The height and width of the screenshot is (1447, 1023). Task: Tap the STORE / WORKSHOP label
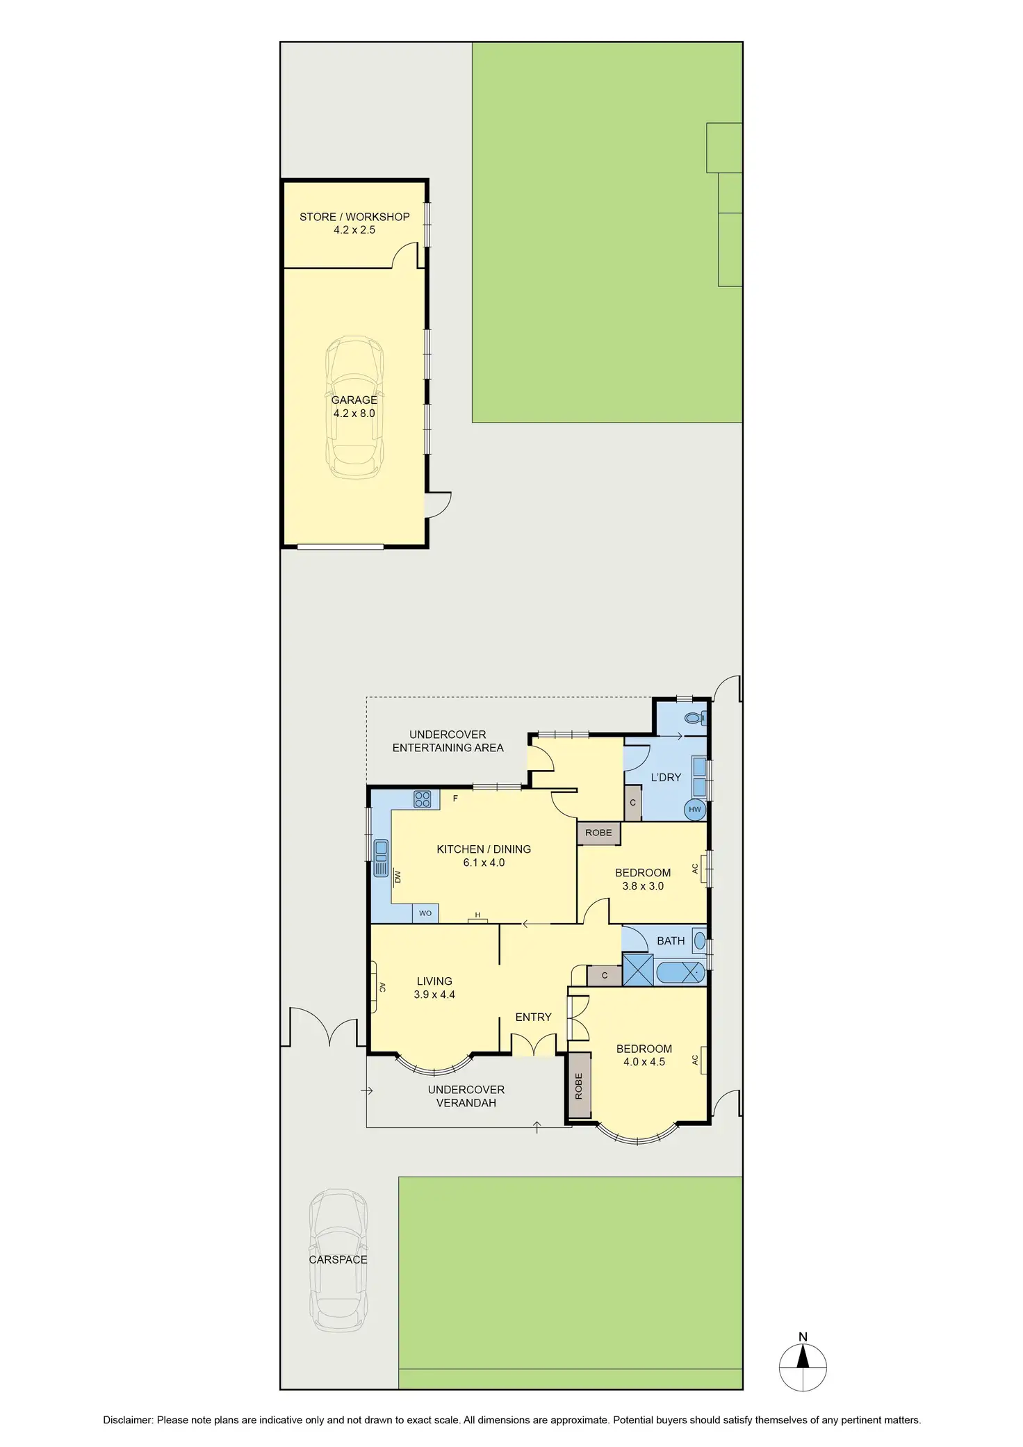coord(354,217)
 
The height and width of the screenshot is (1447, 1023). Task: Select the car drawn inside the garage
coord(354,407)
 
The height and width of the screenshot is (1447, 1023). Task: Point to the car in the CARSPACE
coord(338,1260)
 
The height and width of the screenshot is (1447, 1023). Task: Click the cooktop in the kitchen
coord(422,799)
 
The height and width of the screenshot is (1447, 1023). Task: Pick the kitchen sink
coord(381,858)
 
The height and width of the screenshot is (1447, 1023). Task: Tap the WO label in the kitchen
coord(425,913)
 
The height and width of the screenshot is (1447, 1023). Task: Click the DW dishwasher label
coord(398,876)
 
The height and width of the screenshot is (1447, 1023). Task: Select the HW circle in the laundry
coord(695,809)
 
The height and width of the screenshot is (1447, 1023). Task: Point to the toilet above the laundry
coord(694,718)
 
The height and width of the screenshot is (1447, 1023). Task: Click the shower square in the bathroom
coord(638,970)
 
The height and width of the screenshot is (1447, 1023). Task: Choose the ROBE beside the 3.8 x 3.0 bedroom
coord(598,833)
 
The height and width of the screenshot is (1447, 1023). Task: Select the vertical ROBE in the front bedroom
coord(578,1086)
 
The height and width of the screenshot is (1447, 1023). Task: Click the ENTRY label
coord(533,1017)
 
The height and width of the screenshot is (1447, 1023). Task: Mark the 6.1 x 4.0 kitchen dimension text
coord(484,863)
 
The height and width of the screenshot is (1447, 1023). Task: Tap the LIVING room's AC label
coord(382,987)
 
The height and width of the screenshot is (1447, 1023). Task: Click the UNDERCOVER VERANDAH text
coord(466,1096)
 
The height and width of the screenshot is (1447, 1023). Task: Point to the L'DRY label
coord(666,777)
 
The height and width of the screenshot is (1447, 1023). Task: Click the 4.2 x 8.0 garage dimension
coord(354,414)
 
